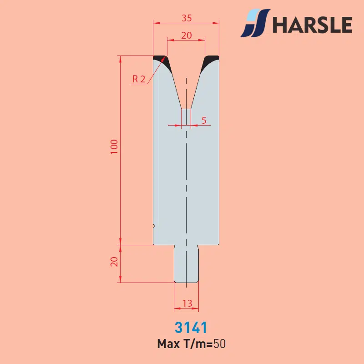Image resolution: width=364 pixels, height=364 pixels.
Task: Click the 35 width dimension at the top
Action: tap(187, 18)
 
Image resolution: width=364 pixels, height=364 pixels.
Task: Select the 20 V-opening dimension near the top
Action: tap(187, 35)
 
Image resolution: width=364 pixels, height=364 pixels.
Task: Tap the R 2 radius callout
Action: tap(139, 79)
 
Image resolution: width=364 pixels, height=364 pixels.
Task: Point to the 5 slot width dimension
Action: tap(204, 120)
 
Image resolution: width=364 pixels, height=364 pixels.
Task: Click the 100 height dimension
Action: tap(114, 147)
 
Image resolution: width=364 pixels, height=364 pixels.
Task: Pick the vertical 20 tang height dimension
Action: tap(114, 262)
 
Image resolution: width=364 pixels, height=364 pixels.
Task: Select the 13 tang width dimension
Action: tap(187, 303)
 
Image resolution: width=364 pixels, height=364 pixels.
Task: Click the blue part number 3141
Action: tap(191, 327)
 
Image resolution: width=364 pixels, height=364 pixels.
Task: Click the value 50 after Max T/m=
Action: tap(220, 344)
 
